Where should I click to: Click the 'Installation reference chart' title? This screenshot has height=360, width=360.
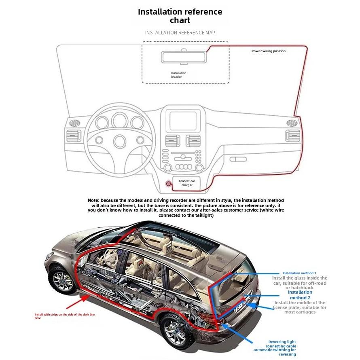(180, 16)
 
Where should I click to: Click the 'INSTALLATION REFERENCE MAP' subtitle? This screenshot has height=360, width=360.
(180, 32)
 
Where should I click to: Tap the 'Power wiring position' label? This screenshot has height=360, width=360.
(268, 51)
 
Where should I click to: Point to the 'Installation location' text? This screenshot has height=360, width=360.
(178, 75)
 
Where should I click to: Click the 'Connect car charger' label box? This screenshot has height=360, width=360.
(187, 183)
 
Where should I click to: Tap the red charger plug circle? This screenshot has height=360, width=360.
(169, 184)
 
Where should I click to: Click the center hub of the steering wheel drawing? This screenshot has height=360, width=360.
(120, 141)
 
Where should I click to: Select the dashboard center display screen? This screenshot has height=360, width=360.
(183, 121)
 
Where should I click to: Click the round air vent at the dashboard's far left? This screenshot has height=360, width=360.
(74, 123)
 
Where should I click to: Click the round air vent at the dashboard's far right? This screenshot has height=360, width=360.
(291, 123)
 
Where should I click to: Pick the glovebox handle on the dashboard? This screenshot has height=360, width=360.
(238, 159)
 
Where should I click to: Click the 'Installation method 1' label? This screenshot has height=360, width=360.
(299, 273)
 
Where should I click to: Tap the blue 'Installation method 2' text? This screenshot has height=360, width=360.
(300, 295)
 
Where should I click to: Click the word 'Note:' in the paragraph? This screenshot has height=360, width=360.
(93, 200)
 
